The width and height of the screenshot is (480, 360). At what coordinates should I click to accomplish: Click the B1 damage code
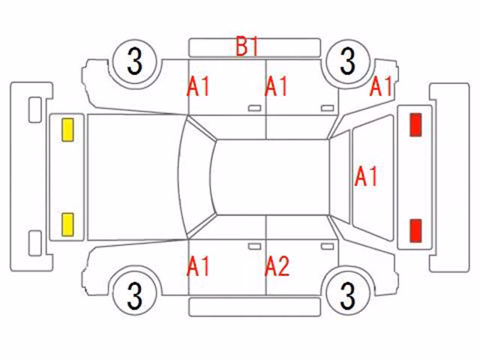coord(247,46)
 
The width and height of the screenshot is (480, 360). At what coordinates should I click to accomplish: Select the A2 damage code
coord(277,265)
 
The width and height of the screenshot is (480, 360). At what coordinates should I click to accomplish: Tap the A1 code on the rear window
coord(366,176)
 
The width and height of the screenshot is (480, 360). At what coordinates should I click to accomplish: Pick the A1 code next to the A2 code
coord(198,266)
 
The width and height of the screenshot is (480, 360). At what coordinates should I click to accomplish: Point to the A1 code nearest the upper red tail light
coord(381,86)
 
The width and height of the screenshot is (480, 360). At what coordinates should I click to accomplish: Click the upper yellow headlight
coord(67,130)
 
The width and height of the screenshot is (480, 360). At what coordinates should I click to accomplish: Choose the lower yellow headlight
coord(67,224)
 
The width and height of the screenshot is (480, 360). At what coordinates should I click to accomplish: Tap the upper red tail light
coord(415,124)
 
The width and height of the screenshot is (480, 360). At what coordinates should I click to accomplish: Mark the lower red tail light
coord(415,230)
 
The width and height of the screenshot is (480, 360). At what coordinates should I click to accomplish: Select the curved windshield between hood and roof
coord(196,177)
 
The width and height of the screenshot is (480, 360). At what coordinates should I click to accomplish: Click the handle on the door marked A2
coord(327,247)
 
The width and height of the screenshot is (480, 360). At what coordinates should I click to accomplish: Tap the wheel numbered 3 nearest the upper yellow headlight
coord(135,61)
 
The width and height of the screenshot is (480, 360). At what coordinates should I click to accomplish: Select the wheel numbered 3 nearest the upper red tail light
coord(348,61)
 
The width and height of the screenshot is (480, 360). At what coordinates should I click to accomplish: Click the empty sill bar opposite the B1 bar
coord(254,307)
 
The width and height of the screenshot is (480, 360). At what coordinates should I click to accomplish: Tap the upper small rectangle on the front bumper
coord(35,110)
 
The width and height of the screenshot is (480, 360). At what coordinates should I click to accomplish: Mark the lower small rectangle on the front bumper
coord(35,243)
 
